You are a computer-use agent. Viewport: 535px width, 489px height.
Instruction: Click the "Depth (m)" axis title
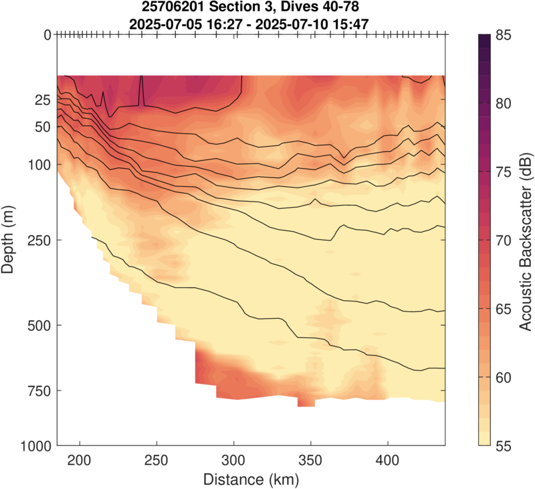9,240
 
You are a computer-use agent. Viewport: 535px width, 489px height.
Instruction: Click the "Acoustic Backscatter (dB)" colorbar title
525,240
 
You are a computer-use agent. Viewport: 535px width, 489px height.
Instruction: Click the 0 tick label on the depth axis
47,35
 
